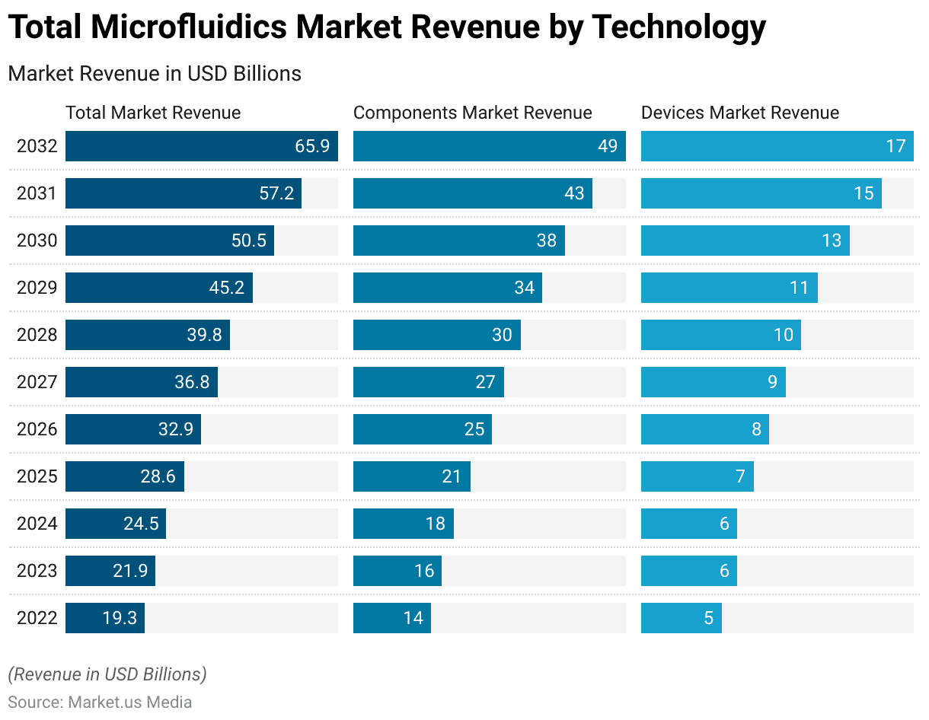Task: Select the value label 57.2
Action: pyautogui.click(x=276, y=193)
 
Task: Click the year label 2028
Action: pyautogui.click(x=37, y=335)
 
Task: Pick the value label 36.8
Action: pyautogui.click(x=192, y=382)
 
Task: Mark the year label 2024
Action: pyautogui.click(x=37, y=524)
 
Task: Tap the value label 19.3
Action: pyautogui.click(x=120, y=618)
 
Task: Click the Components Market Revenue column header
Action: pyautogui.click(x=472, y=113)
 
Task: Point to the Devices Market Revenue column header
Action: pyautogui.click(x=739, y=113)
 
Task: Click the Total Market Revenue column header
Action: pyautogui.click(x=153, y=113)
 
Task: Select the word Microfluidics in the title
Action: pyautogui.click(x=190, y=27)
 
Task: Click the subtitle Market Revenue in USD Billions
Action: pyautogui.click(x=155, y=74)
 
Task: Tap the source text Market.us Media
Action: pyautogui.click(x=129, y=702)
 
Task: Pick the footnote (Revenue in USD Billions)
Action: pyautogui.click(x=107, y=674)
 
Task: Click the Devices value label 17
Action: pyautogui.click(x=895, y=146)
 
